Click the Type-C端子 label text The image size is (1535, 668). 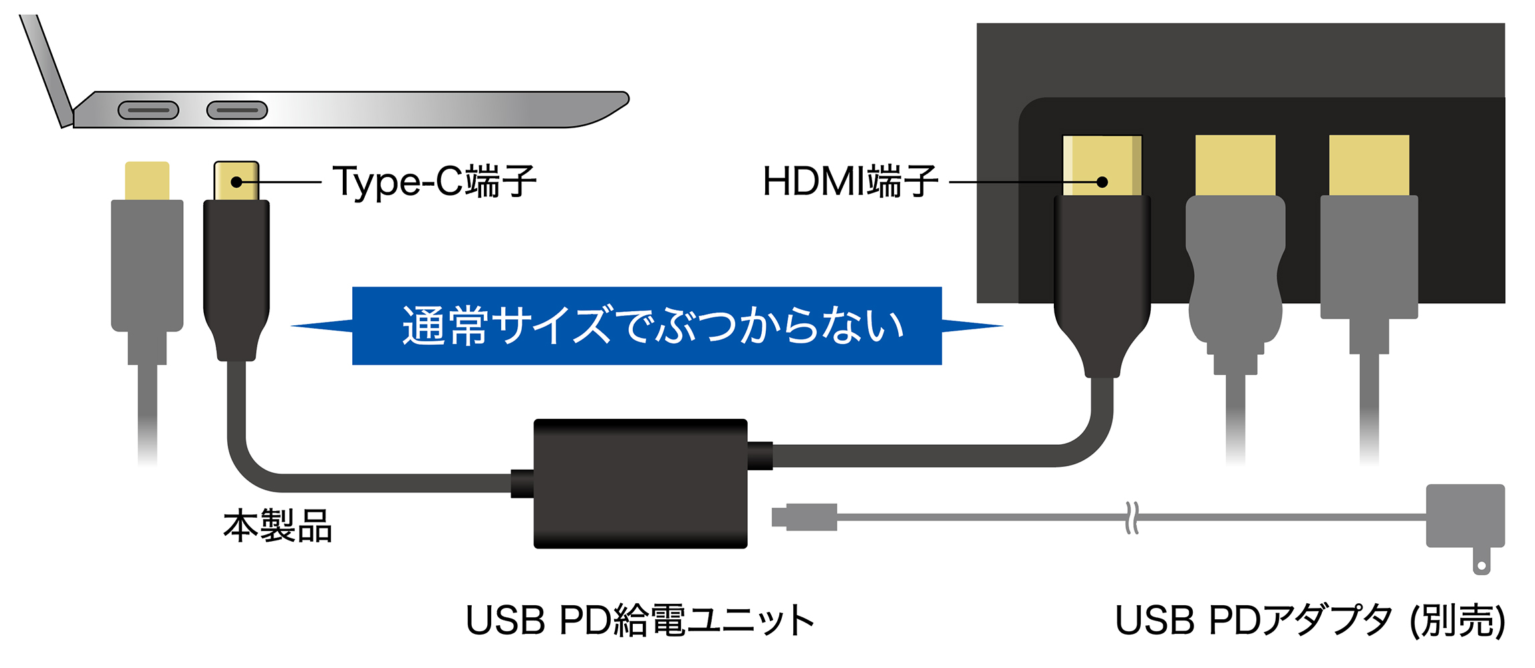point(434,181)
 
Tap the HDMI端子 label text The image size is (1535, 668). point(849,181)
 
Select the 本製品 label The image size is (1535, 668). point(277,526)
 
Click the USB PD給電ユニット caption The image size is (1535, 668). point(640,620)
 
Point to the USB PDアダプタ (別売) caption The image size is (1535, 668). point(1310,620)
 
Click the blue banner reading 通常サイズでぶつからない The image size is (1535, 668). point(647,326)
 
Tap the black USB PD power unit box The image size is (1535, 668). point(640,484)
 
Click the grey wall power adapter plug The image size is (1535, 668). point(1465,518)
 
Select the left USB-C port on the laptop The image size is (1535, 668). point(148,110)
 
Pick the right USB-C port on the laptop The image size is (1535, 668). point(237,110)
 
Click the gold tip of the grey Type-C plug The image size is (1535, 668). point(147,180)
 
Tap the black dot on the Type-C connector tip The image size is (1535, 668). point(236,182)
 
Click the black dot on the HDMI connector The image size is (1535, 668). point(1103,182)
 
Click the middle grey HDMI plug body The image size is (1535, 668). point(1235,267)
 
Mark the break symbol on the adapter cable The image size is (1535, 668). point(1131,518)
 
